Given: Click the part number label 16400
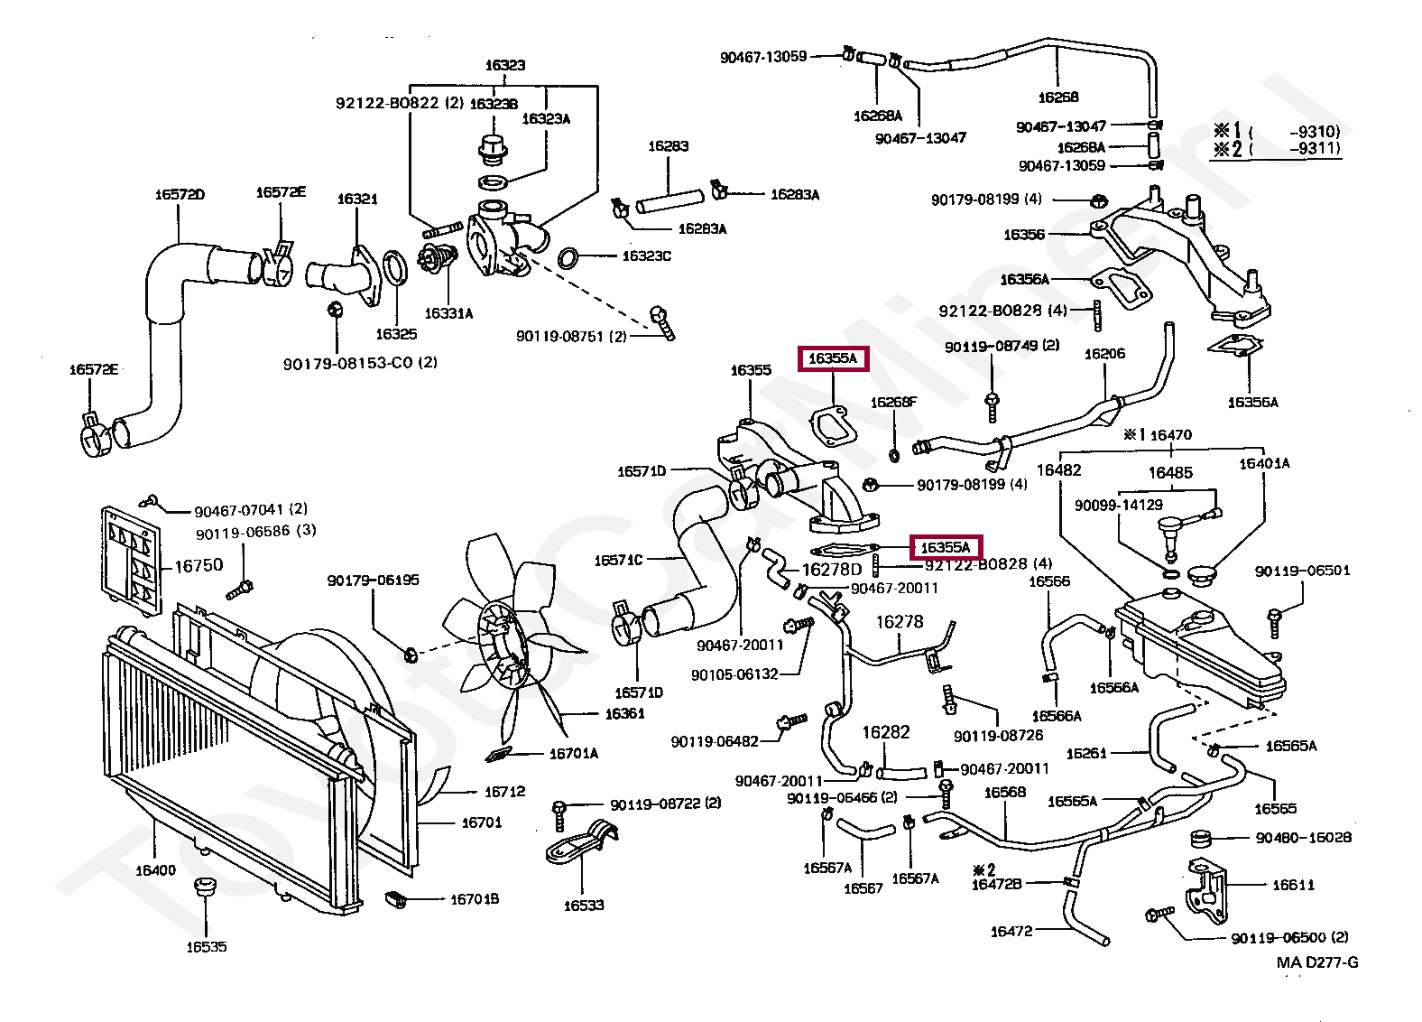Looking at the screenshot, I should tap(155, 870).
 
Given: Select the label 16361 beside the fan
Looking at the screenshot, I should tap(624, 713).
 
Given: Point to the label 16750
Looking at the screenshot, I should tap(198, 566).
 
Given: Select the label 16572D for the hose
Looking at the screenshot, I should tap(180, 194).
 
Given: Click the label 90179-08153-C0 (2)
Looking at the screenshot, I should tap(360, 362).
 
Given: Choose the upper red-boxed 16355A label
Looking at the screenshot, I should tap(832, 358).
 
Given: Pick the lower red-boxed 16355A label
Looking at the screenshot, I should tap(945, 547).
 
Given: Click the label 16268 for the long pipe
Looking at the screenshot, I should tap(1058, 97).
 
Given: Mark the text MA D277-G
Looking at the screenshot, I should tap(1317, 962).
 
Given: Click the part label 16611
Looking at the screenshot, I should tap(1293, 885).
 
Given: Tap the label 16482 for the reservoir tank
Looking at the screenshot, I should tap(1058, 469).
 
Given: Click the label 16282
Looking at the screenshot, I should tap(886, 732).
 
